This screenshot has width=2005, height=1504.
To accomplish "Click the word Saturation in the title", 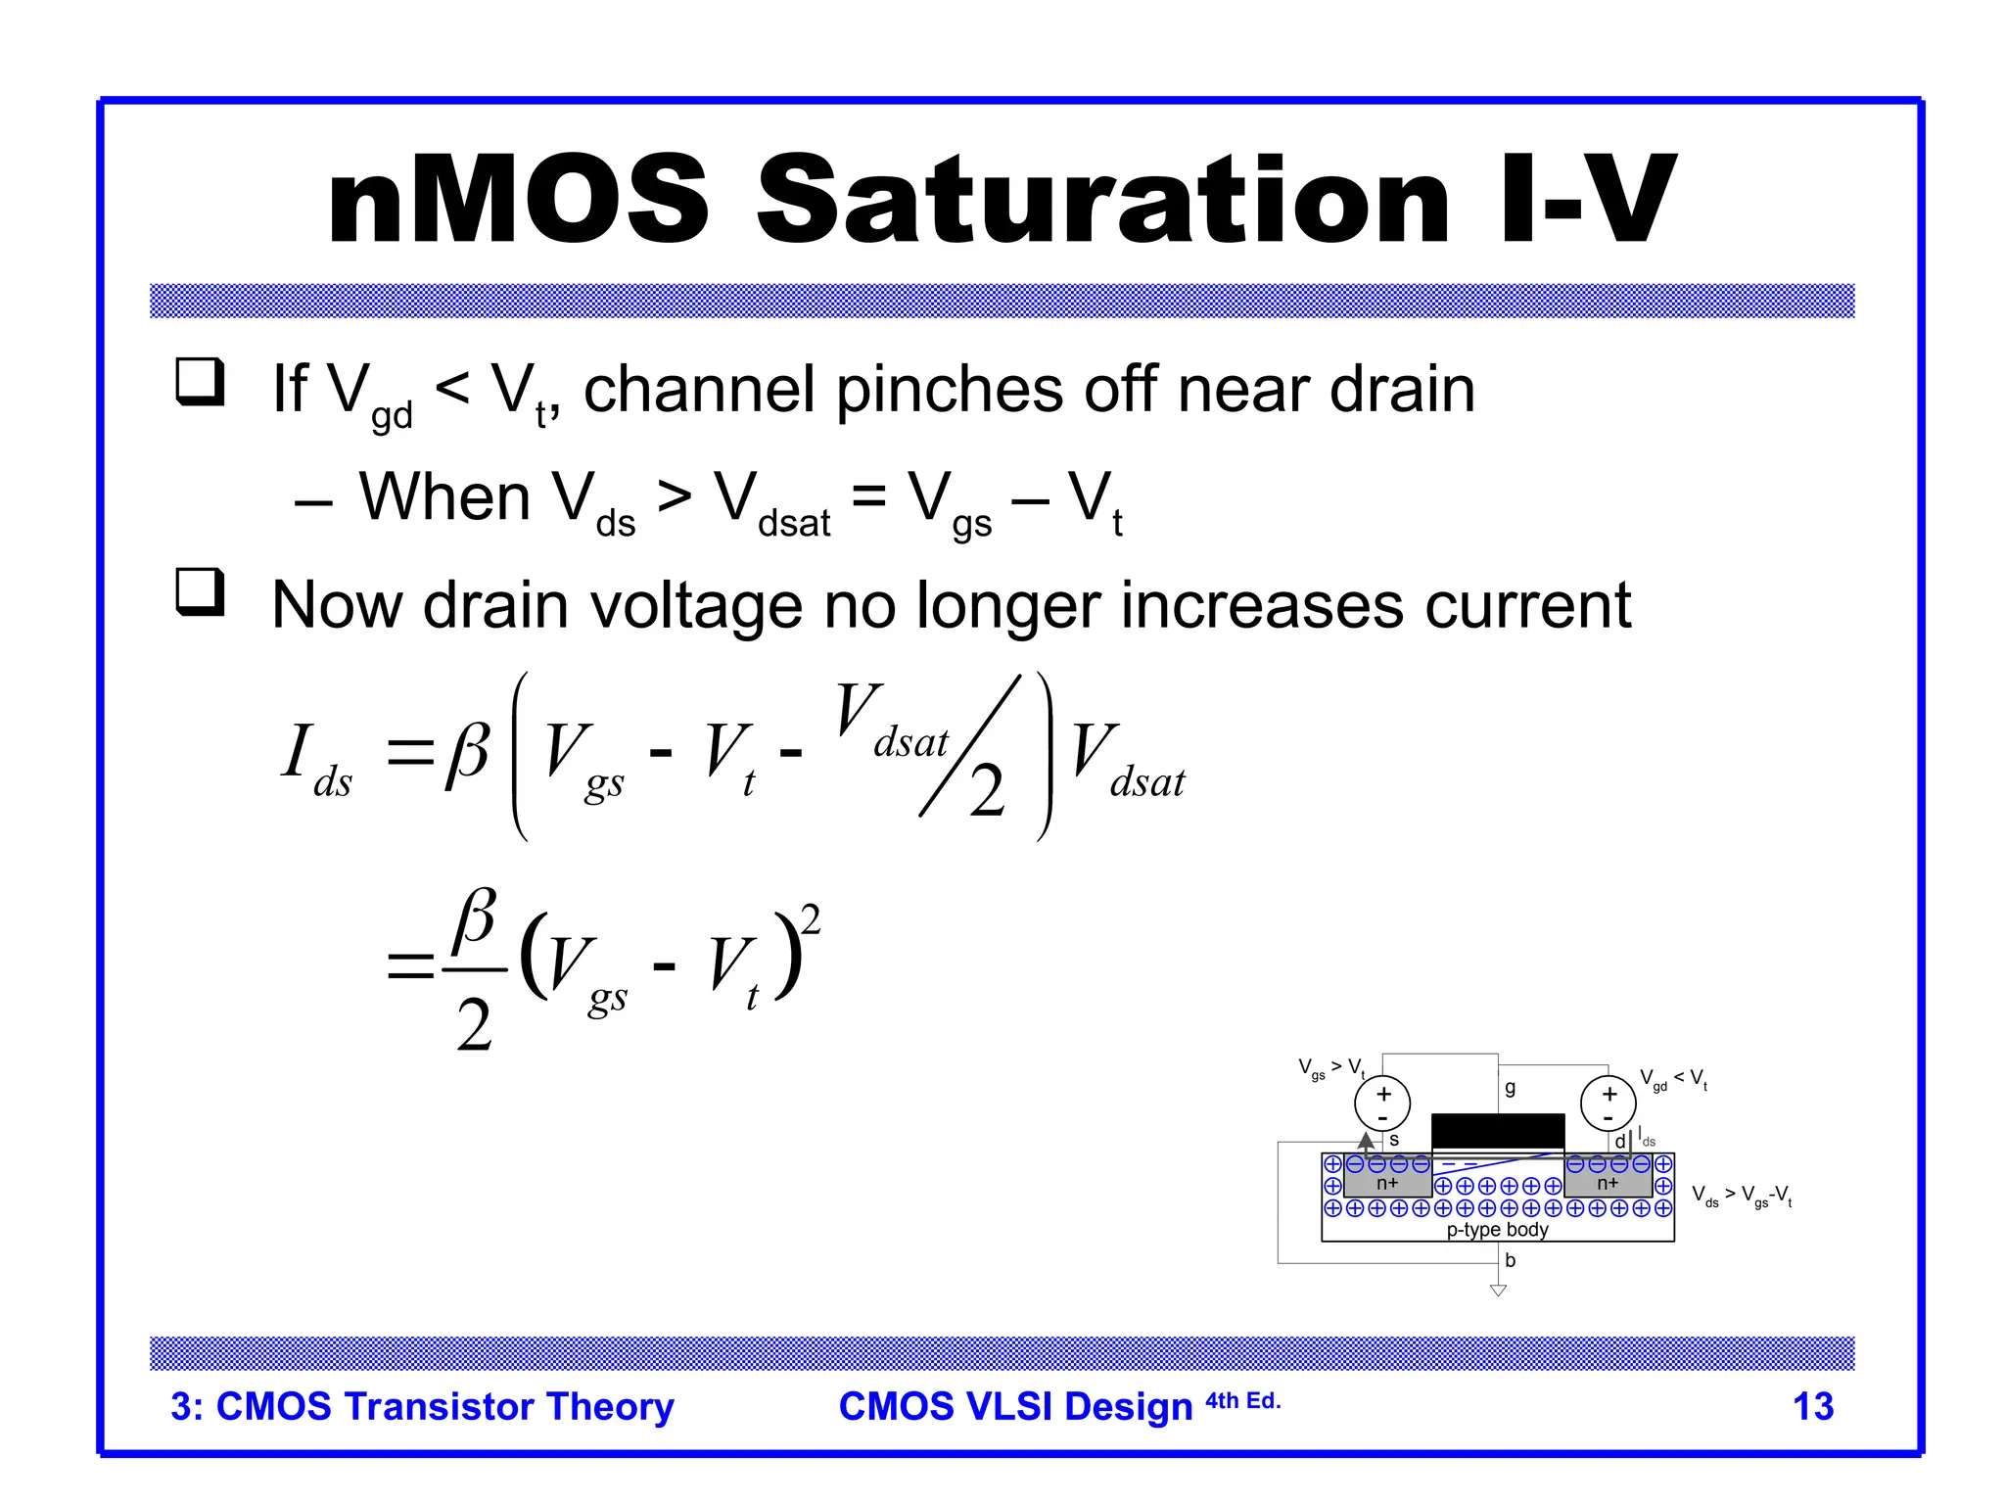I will (x=1101, y=201).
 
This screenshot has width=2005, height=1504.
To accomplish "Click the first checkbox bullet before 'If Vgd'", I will (x=200, y=383).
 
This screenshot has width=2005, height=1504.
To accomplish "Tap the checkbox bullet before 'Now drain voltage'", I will (x=200, y=593).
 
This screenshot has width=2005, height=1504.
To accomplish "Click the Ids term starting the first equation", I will (x=315, y=760).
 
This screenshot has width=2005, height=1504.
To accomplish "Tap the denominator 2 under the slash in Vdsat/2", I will (x=987, y=791).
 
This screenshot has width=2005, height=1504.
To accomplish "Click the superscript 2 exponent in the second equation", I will (x=811, y=920).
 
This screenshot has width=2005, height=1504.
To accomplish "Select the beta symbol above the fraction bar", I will (x=475, y=916).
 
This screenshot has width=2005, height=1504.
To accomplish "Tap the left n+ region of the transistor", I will (x=1387, y=1183).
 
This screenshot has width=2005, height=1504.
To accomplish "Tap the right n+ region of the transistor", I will (x=1608, y=1183).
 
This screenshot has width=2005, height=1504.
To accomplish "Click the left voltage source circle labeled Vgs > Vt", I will (x=1382, y=1104).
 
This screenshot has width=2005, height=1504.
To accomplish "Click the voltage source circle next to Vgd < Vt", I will (x=1609, y=1104).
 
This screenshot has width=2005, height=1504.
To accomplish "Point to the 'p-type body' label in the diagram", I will (x=1497, y=1230).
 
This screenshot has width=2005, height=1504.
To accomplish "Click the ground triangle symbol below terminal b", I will (x=1498, y=1291).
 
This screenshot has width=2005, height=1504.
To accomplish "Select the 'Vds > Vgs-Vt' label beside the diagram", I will (x=1742, y=1196).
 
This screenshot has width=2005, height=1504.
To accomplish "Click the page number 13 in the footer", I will (x=1812, y=1406).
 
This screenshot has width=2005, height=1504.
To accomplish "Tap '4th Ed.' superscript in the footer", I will (x=1242, y=1400).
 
